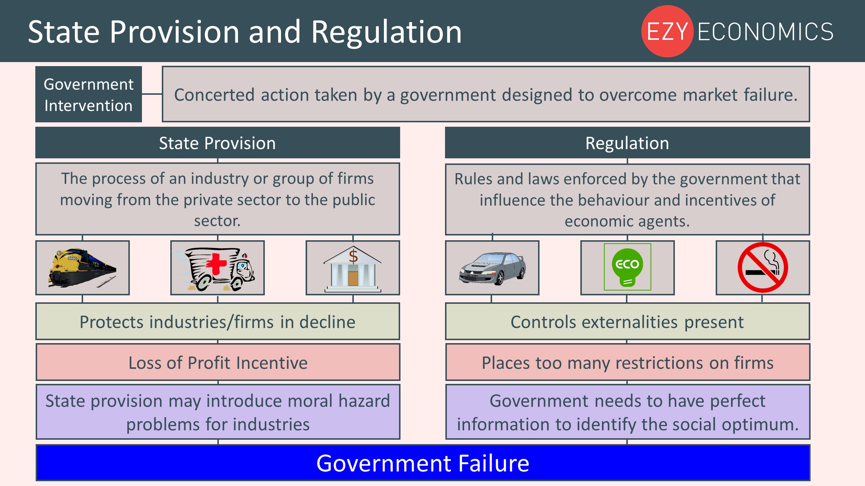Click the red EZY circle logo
coord(667,31)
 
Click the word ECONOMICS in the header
coord(765,32)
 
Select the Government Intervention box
coord(89,94)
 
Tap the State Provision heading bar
coord(218,143)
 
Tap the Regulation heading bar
coord(627,143)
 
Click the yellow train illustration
coord(82,267)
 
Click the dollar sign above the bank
coord(353,256)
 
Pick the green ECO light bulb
coord(627,267)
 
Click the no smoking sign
coord(763,267)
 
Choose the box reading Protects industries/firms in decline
coord(218,321)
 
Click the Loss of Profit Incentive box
coord(218,362)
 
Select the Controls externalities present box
coord(627,321)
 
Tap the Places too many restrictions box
coord(627,362)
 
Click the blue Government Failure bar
coord(423,463)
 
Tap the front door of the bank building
coord(353,278)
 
